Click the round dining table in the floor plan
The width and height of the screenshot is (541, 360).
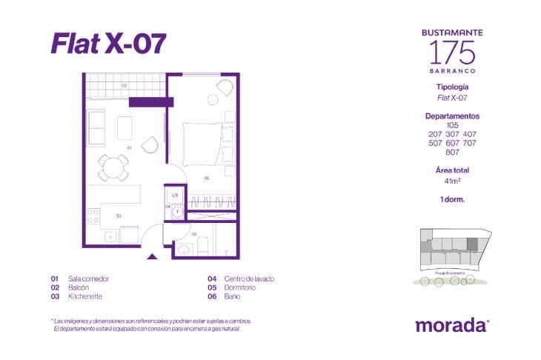tap(113, 166)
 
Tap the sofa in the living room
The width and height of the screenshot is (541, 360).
tap(96, 127)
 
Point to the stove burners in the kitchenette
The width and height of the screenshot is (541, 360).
tap(93, 216)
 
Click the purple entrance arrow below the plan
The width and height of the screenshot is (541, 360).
tap(153, 256)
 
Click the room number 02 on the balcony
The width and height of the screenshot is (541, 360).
tap(125, 86)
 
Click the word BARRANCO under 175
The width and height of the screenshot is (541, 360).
tap(452, 71)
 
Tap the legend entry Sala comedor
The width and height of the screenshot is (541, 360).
tap(88, 279)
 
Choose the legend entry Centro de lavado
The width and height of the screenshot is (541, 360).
tap(251, 279)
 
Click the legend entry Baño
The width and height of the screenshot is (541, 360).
tap(236, 296)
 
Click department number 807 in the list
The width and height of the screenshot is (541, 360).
tap(452, 153)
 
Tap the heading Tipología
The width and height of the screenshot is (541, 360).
tap(452, 87)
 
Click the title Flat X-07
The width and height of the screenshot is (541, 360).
tap(108, 44)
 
